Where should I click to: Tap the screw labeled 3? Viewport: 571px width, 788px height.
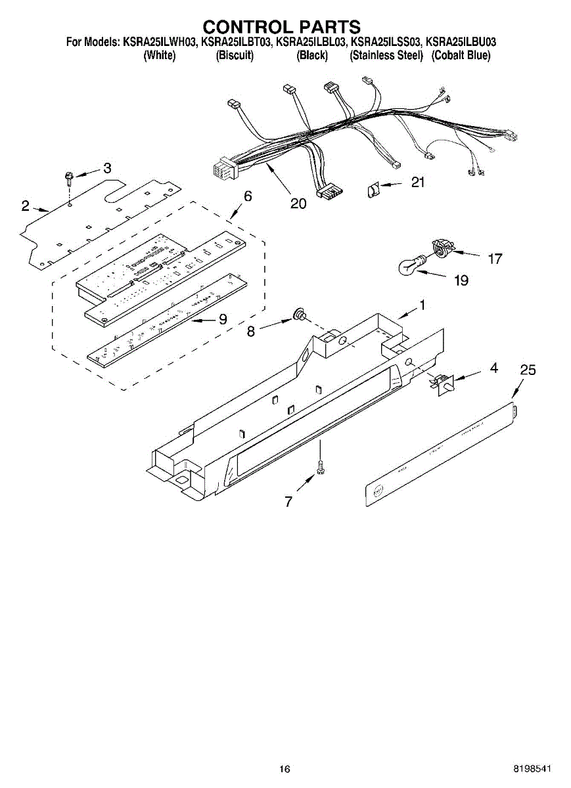68,178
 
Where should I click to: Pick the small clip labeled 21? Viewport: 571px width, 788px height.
373,191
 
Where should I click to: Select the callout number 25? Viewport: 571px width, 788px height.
528,370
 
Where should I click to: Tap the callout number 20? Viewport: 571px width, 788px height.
298,204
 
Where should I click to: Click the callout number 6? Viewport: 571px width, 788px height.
248,196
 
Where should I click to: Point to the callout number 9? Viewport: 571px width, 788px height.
223,319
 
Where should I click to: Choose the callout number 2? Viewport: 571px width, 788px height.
25,206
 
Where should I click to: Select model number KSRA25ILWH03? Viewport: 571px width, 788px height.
160,42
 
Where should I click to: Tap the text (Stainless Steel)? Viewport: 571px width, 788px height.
386,56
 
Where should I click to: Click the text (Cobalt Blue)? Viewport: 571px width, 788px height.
461,56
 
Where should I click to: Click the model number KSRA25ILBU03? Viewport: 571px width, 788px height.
461,42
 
